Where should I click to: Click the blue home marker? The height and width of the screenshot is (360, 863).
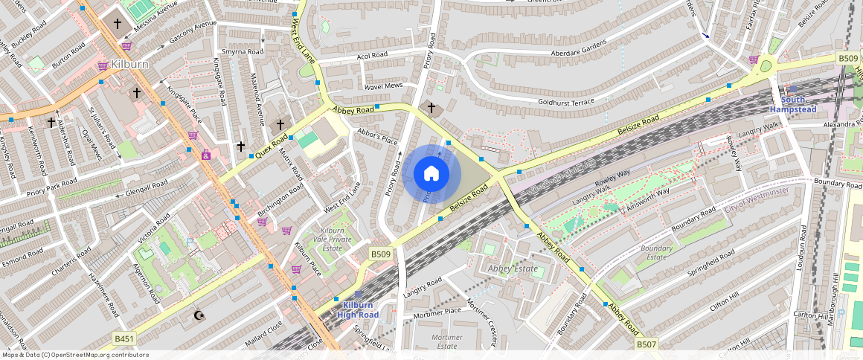(x=431, y=174)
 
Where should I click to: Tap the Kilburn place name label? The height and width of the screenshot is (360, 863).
(x=130, y=65)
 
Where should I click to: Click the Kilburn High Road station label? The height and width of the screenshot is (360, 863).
(x=357, y=310)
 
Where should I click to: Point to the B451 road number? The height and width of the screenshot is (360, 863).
(x=124, y=338)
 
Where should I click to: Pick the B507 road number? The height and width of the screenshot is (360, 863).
(x=647, y=345)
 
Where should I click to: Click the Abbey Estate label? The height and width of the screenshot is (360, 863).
(x=512, y=269)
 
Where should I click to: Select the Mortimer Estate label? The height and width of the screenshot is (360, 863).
(x=447, y=341)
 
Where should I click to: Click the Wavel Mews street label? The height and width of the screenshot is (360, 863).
(x=383, y=86)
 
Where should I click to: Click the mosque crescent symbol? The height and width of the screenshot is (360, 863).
(x=198, y=315)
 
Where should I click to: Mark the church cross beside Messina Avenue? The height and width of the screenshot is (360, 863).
(x=117, y=24)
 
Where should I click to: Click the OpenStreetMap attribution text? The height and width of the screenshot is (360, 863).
(x=74, y=355)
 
